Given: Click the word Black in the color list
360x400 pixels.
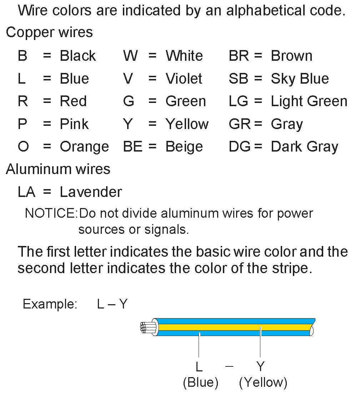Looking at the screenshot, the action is (78, 56).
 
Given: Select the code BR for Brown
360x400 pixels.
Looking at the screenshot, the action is (239, 56).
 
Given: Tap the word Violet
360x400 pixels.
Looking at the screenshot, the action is (184, 79).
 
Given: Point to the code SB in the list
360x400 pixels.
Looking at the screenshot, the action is (239, 79).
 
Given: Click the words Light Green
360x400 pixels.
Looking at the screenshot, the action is (309, 102).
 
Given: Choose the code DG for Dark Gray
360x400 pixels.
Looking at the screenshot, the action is (240, 147).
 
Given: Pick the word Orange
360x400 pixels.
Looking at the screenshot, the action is (84, 147).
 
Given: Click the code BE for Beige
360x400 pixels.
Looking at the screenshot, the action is (133, 147).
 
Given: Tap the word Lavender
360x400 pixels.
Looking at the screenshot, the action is (91, 192).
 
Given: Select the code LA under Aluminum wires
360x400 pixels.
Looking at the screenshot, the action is (27, 192).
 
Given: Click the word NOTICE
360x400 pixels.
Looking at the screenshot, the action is (50, 213).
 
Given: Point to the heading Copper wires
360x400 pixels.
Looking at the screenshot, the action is (49, 33).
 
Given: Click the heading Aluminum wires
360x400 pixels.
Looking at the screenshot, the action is (58, 169).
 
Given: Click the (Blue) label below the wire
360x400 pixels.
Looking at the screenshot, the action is (200, 383).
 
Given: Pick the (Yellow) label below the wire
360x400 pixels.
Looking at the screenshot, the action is (263, 383).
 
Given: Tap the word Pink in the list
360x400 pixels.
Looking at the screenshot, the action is (74, 124).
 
